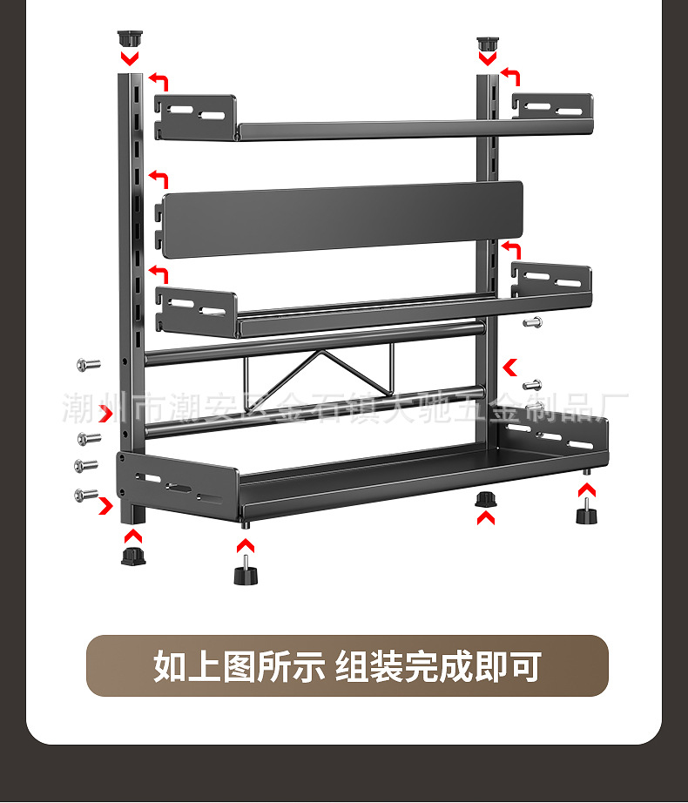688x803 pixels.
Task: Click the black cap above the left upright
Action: tap(130, 39)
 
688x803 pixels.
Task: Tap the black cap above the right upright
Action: tap(487, 44)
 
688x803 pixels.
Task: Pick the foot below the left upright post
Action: tap(132, 555)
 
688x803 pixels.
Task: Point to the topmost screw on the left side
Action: tap(87, 365)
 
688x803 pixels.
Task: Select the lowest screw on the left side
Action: tap(86, 495)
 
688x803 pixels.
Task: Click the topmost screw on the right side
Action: tap(532, 323)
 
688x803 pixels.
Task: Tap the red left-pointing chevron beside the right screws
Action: tap(510, 367)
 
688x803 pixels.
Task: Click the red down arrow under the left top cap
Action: tap(130, 59)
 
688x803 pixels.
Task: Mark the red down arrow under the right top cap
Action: tap(487, 60)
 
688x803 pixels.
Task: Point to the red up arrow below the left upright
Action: tap(132, 533)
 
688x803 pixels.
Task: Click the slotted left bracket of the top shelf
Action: tap(197, 115)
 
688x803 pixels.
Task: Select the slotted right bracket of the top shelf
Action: tap(552, 106)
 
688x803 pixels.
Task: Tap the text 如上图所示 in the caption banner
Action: tap(239, 667)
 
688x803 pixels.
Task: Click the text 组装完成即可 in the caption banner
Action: tap(438, 667)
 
